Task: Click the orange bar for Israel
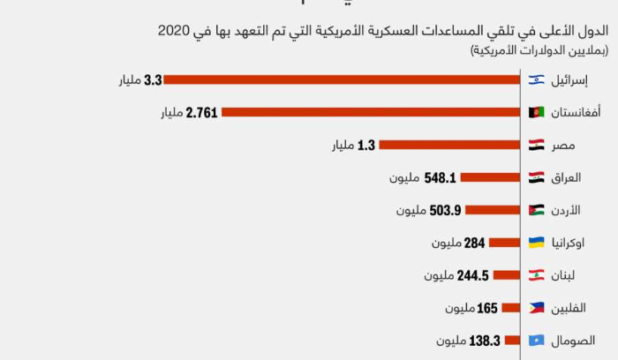click(x=341, y=80)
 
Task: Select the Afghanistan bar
click(x=369, y=112)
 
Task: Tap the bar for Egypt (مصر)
click(x=448, y=145)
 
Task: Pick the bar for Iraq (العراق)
click(x=488, y=177)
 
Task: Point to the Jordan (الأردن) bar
click(x=491, y=210)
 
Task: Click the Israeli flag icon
click(x=536, y=80)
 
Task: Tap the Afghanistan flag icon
click(x=536, y=113)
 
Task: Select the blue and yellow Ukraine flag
click(x=536, y=243)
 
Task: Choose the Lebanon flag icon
click(x=536, y=275)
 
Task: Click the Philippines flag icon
click(x=536, y=308)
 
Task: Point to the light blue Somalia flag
click(x=536, y=340)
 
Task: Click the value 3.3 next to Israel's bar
click(x=153, y=80)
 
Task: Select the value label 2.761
click(x=202, y=113)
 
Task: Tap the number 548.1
click(x=440, y=177)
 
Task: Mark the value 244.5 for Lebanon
click(x=473, y=275)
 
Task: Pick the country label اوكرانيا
click(x=573, y=243)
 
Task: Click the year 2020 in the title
click(x=175, y=31)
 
